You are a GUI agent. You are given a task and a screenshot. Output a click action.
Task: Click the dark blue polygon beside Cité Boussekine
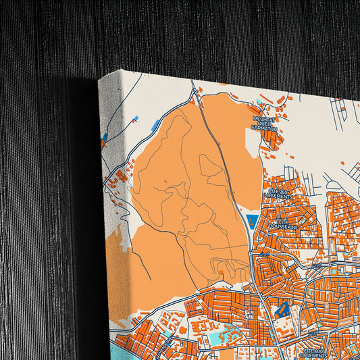pos(251,220)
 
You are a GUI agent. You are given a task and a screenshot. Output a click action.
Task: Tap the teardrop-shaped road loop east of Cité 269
pos(332,181)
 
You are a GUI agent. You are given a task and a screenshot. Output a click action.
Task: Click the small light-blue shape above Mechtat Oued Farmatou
pos(260,103)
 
